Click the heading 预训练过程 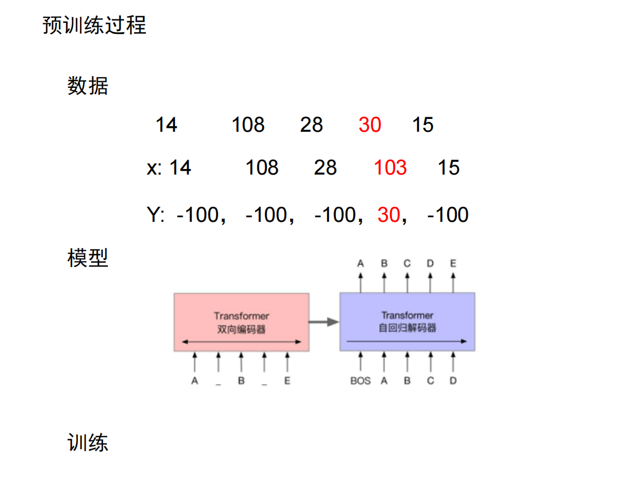(94, 26)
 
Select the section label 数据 (88, 86)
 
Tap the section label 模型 (88, 258)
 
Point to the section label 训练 (88, 443)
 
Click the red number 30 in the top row (369, 125)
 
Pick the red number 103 (390, 167)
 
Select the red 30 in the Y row (388, 215)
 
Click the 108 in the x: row (262, 167)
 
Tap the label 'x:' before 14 (154, 167)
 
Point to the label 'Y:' (156, 215)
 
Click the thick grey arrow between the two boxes (324, 321)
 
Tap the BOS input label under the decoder (361, 381)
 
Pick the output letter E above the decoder (453, 264)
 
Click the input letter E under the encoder (287, 381)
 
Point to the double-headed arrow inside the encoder (241, 341)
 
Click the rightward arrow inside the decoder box (407, 341)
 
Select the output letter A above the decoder (361, 264)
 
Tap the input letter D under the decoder (453, 381)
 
